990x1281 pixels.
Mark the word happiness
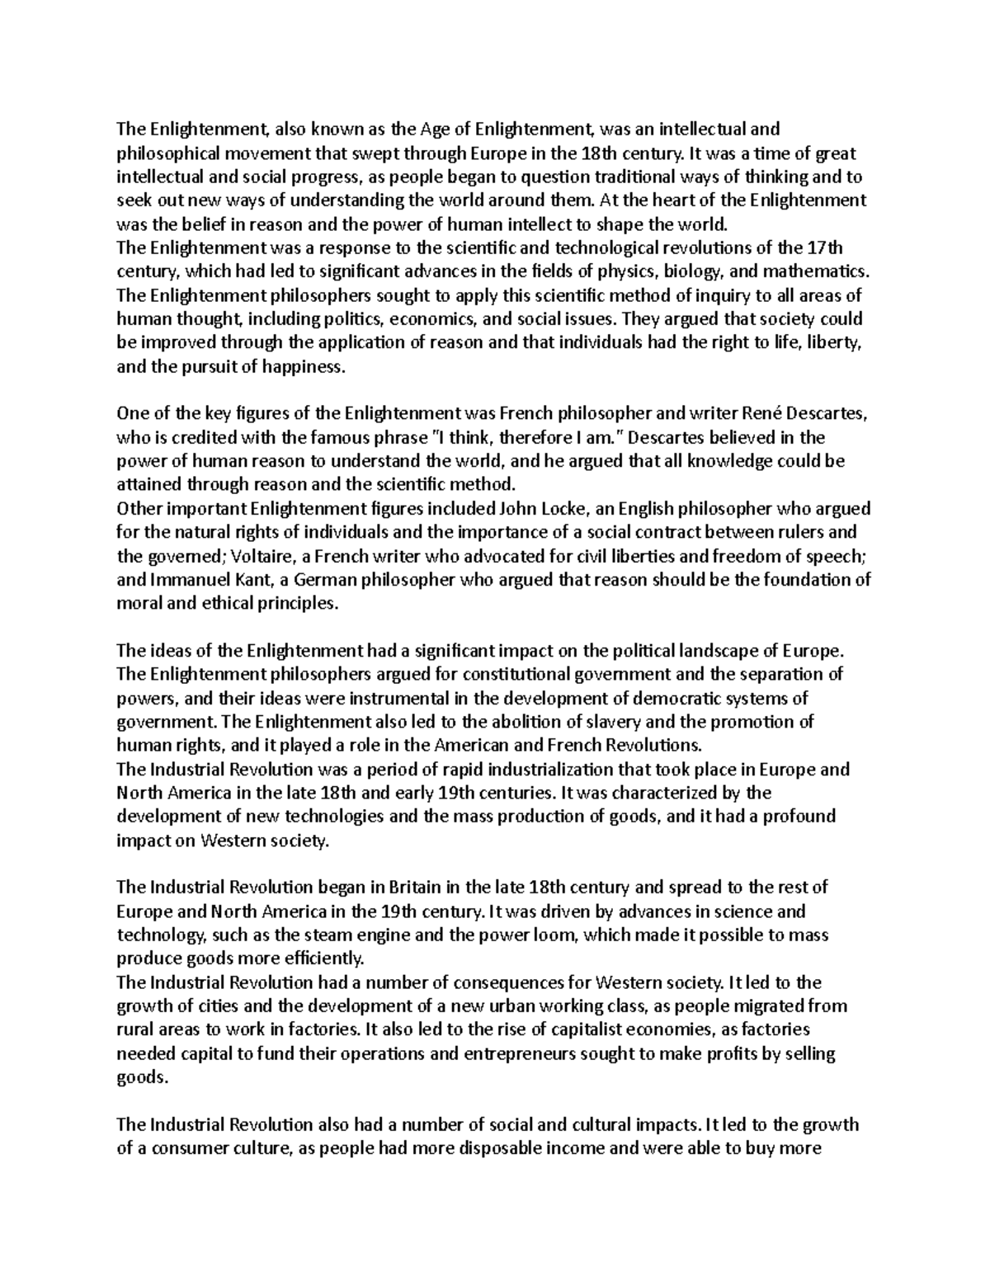pos(302,367)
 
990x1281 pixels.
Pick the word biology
pos(691,271)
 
